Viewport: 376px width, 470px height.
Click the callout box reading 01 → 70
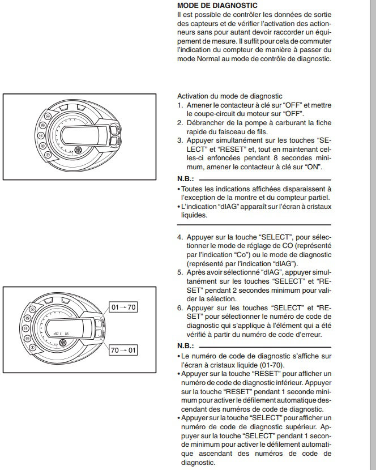(x=123, y=307)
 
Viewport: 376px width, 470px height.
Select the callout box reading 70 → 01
(x=123, y=349)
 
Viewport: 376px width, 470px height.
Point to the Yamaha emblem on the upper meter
(x=78, y=150)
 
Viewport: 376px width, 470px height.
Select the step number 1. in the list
(x=180, y=105)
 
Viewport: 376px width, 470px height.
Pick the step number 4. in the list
(x=180, y=237)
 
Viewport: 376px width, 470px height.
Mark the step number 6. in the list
(x=180, y=307)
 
